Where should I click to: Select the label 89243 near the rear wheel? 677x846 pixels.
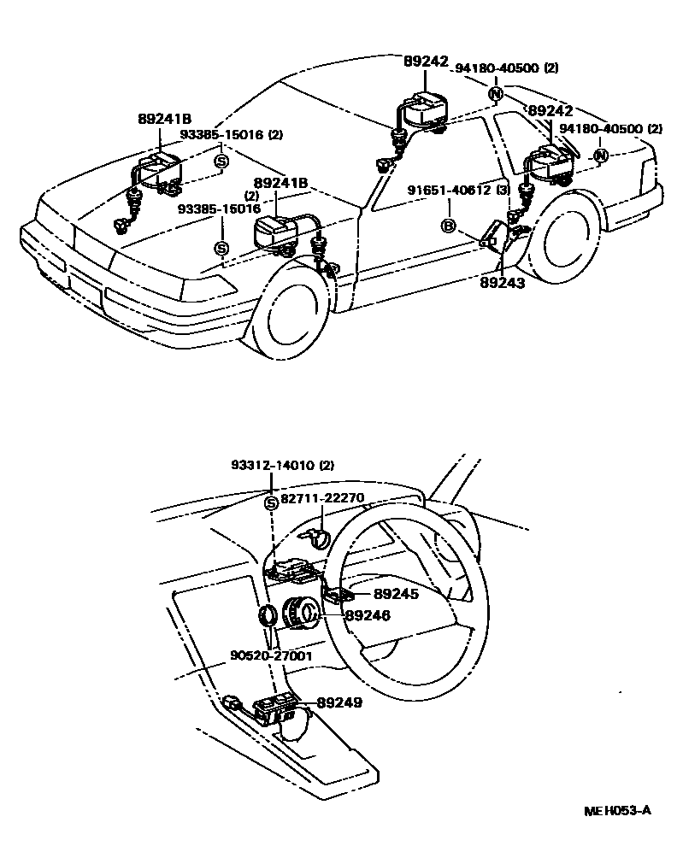click(502, 282)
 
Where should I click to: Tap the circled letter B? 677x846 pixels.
click(447, 226)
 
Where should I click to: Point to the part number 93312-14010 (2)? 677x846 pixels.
click(282, 466)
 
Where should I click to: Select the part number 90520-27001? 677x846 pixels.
click(271, 656)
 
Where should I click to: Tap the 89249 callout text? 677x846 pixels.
click(339, 702)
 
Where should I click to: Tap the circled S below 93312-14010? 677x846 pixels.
click(272, 502)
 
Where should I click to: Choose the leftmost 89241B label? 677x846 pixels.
click(163, 120)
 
